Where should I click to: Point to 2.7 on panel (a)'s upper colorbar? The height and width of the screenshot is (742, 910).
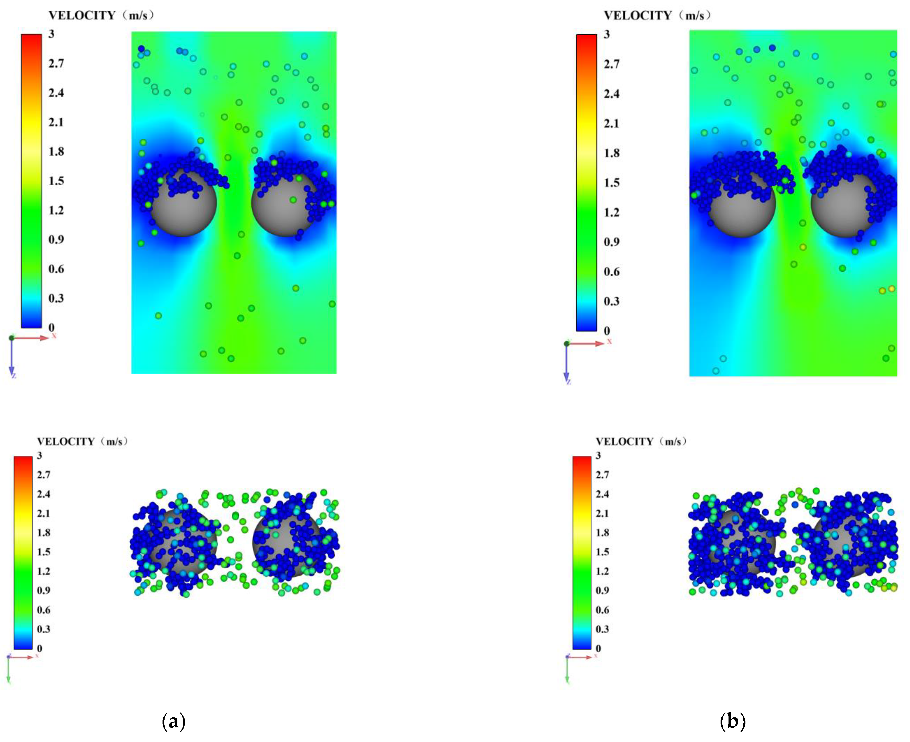pos(56,64)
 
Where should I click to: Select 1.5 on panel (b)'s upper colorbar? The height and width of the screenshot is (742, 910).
pos(611,183)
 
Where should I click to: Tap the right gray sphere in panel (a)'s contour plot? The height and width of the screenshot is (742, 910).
pos(282,205)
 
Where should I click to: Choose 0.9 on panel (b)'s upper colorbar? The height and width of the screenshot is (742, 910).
pos(611,242)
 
